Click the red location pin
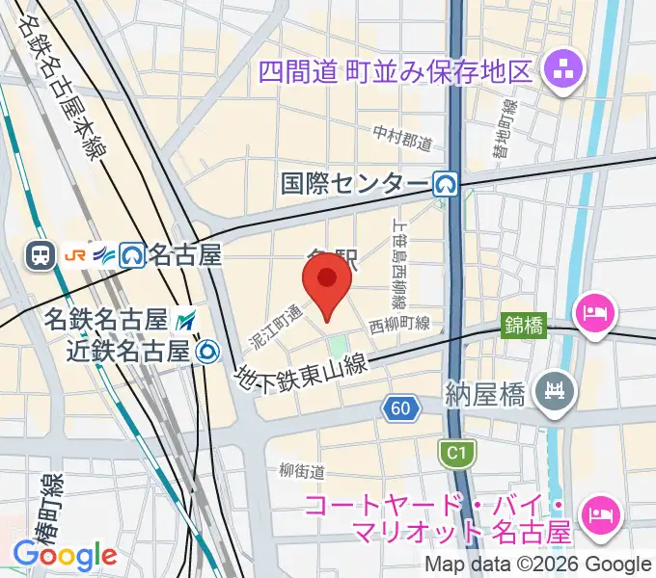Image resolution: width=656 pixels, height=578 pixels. pos(327,283)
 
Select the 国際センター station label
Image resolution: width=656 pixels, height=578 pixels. pos(354,183)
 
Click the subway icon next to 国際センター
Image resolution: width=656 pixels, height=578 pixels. pos(445,183)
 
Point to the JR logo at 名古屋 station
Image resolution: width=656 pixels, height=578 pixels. pos(75,255)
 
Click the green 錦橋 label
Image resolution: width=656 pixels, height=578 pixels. pos(524,327)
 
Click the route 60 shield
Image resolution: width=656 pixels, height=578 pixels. pos(400,409)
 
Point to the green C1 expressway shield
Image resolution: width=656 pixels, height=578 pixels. pos(451,451)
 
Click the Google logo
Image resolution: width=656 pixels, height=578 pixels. pos(65,556)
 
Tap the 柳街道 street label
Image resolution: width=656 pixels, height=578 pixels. pos(301,471)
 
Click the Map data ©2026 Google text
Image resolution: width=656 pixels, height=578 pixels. pos(538,565)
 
